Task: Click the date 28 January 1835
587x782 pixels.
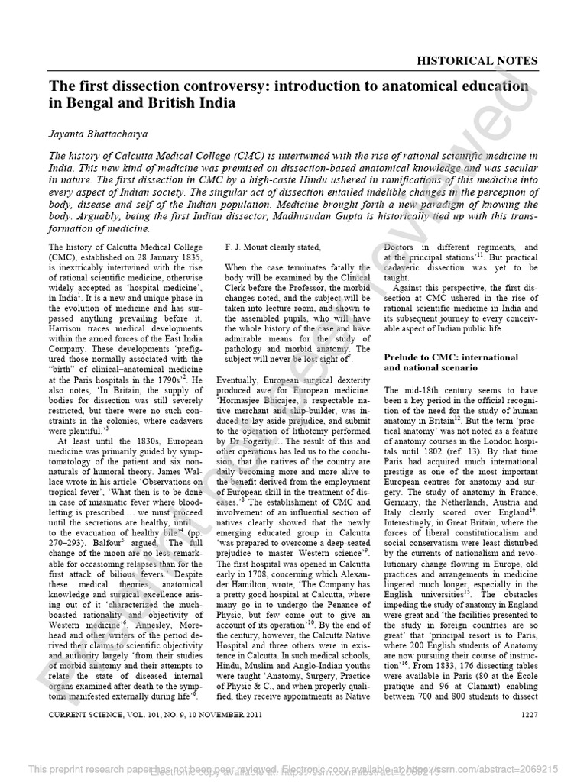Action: pyautogui.click(x=148, y=259)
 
